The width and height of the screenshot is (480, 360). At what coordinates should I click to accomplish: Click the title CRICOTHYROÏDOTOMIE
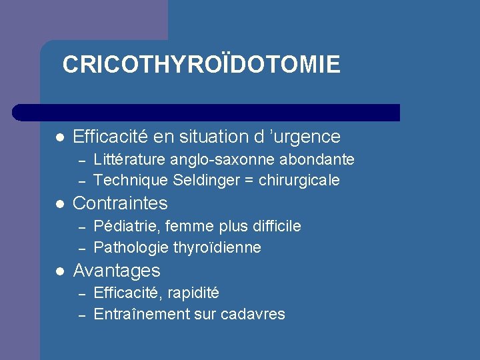tap(201, 65)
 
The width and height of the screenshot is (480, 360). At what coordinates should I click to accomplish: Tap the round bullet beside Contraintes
tap(59, 204)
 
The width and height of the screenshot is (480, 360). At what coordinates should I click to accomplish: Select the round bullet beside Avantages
tap(59, 271)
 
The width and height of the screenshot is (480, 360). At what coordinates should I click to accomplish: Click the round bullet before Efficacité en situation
tap(59, 137)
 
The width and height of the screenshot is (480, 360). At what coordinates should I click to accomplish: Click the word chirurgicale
tap(299, 180)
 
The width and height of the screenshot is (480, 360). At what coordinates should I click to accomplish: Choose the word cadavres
tap(255, 314)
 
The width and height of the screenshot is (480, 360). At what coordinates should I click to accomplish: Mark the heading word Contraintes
tap(120, 203)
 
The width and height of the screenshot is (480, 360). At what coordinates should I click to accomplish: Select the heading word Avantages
tap(117, 271)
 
